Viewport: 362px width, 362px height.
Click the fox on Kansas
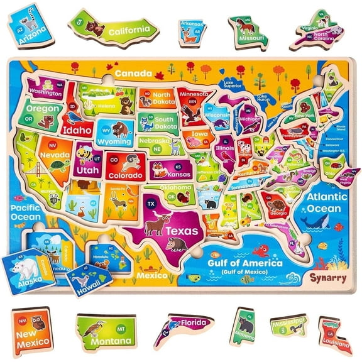[158, 169]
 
